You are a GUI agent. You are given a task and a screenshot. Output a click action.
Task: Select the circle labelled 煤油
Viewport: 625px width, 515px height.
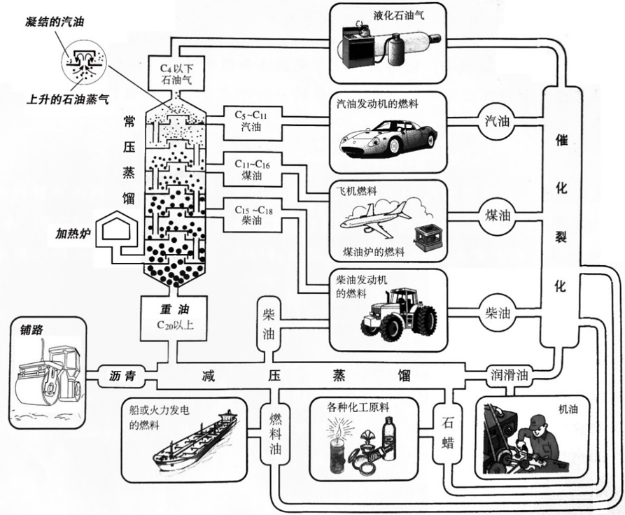point(500,214)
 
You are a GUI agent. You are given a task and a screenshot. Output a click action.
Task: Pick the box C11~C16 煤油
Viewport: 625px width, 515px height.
point(252,168)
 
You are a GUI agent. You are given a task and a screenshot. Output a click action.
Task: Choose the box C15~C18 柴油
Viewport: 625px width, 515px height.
point(252,215)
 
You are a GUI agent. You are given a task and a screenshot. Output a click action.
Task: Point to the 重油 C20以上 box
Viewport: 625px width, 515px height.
point(173,316)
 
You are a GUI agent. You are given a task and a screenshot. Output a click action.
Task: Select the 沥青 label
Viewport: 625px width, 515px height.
point(122,375)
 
